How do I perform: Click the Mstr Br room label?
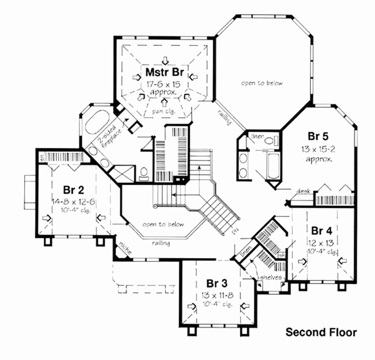[167, 72]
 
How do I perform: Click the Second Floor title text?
[321, 332]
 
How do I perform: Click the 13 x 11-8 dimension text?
[218, 294]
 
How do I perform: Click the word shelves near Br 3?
[271, 277]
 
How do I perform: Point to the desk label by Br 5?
[303, 191]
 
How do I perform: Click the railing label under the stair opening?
[161, 242]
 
